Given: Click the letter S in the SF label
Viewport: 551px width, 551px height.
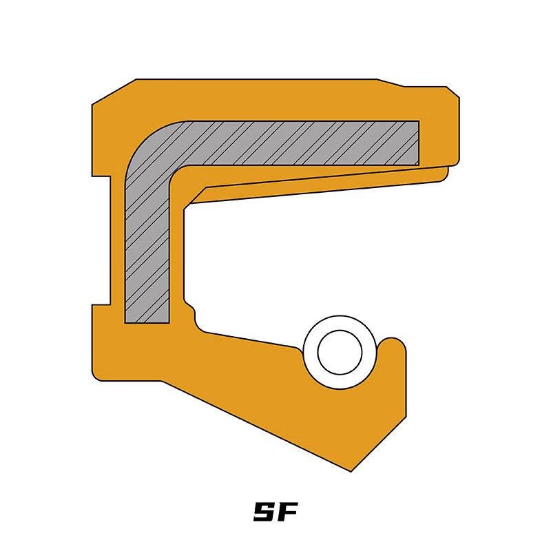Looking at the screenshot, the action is coord(264,512).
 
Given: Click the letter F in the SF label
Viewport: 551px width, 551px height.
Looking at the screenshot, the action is coord(287,512).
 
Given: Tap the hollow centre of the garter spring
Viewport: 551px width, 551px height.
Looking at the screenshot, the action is coord(340,352).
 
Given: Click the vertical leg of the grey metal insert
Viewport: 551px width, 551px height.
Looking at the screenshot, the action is coord(147,253).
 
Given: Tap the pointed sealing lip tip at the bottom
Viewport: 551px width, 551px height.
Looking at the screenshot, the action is coord(351,470).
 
